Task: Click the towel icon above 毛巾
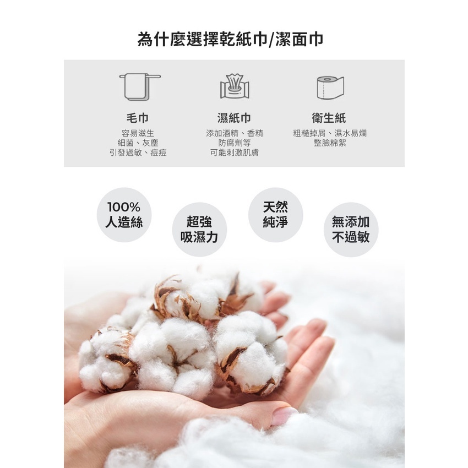[x=140, y=87]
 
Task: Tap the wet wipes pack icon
[x=235, y=86]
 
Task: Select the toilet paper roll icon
[x=330, y=88]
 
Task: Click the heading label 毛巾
[x=138, y=118]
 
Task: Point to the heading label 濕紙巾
[x=235, y=118]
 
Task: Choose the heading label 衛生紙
[x=329, y=118]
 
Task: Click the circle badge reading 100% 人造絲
[x=124, y=215]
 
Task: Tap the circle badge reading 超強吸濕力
[x=199, y=230]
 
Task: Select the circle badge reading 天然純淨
[x=275, y=215]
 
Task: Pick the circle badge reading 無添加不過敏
[x=351, y=230]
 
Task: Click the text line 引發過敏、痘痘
[x=138, y=153]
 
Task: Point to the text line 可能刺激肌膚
[x=235, y=153]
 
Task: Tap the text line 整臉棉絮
[x=330, y=143]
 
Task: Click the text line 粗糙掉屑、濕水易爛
[x=330, y=133]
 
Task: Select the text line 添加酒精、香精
[x=235, y=133]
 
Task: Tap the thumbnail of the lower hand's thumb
[x=284, y=416]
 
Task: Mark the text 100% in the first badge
[x=124, y=207]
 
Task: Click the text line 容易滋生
[x=138, y=133]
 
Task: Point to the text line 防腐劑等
[x=235, y=143]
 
